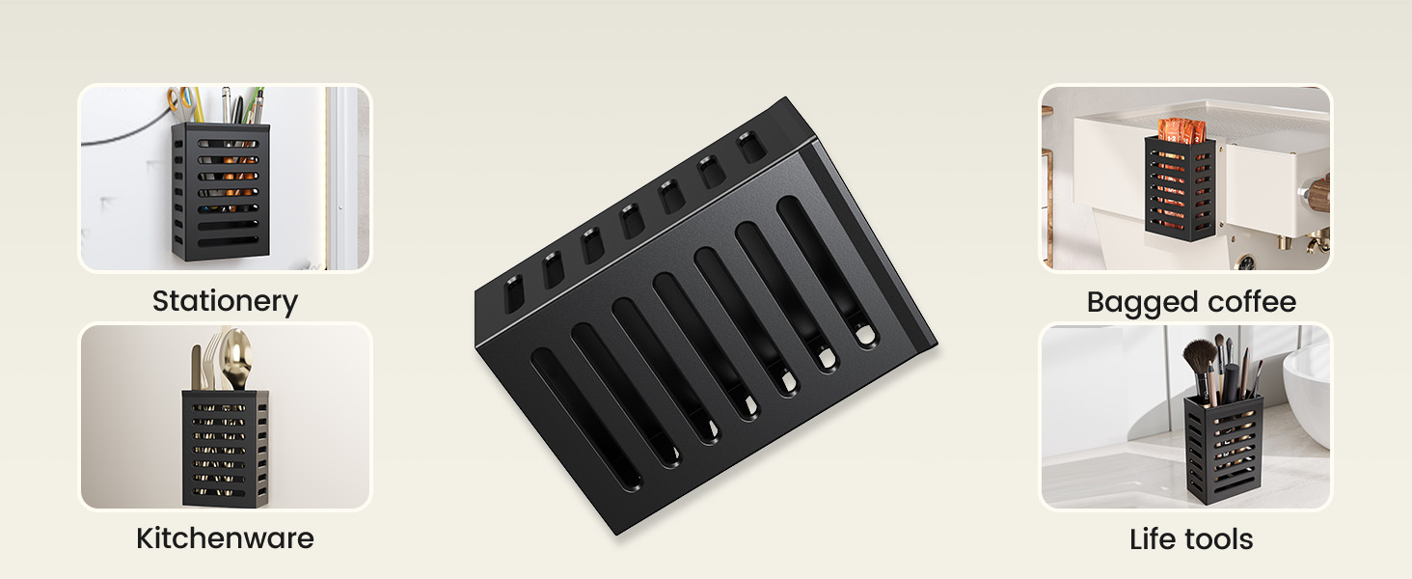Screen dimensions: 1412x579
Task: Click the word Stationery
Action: [x=225, y=301]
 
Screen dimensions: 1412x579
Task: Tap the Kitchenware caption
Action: [x=225, y=538]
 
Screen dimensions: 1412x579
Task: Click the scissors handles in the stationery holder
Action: [x=181, y=104]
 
